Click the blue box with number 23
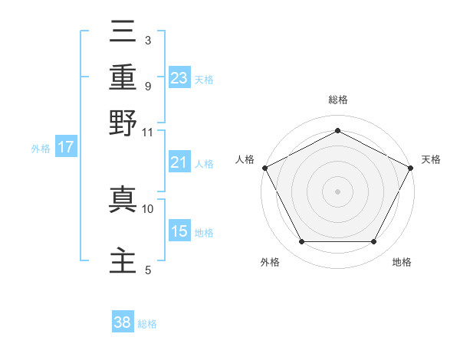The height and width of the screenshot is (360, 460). tap(179, 77)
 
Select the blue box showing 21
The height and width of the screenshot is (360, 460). tap(179, 162)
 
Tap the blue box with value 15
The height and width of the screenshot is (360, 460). tap(179, 231)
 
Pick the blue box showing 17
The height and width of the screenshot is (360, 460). tap(66, 147)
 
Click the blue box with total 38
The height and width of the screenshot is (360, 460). tap(123, 322)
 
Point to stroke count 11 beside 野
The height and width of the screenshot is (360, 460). tap(147, 133)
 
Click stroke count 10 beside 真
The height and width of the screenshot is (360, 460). tap(148, 208)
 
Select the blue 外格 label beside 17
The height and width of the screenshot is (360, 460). tap(41, 149)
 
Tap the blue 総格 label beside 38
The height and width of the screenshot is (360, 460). tap(147, 324)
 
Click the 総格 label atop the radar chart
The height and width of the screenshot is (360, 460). tap(337, 100)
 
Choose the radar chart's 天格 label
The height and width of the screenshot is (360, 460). tap(431, 159)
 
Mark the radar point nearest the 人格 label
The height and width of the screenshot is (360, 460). tap(264, 167)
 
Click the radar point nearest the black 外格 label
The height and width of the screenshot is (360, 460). tap(301, 242)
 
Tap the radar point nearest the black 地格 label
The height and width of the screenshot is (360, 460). tap(374, 242)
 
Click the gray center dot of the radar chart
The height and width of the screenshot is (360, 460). tap(337, 191)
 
